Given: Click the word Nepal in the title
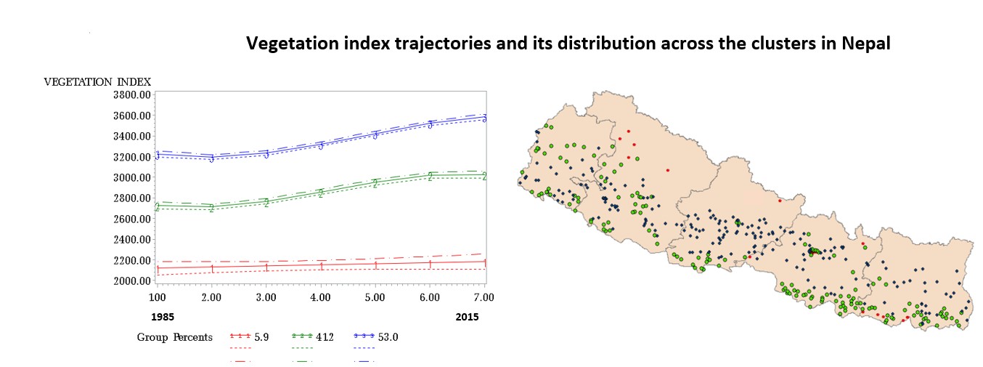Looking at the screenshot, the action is [x=866, y=43].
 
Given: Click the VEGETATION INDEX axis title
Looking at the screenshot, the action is [x=97, y=81].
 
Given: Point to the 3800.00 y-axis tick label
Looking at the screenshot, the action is [x=131, y=95].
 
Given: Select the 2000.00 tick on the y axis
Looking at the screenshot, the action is [x=131, y=281].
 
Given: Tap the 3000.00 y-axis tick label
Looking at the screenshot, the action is [x=131, y=177].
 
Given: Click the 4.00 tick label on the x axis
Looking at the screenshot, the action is [x=320, y=297].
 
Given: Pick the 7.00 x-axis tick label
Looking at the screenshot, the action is [x=484, y=297].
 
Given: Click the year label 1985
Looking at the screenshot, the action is [x=163, y=317].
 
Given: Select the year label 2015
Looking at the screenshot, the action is [x=467, y=317].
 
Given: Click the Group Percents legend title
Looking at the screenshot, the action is [x=175, y=337].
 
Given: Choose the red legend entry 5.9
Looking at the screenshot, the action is [x=261, y=337].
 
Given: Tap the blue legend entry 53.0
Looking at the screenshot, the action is [x=388, y=337].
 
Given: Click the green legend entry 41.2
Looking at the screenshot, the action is [x=325, y=337].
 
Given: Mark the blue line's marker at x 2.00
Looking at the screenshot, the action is [x=211, y=158].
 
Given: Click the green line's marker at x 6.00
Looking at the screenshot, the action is [x=430, y=176].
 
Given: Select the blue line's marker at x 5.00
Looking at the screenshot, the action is [x=375, y=135].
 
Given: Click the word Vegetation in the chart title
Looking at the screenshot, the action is [x=293, y=44].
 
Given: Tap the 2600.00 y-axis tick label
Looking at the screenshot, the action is [x=131, y=219].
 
